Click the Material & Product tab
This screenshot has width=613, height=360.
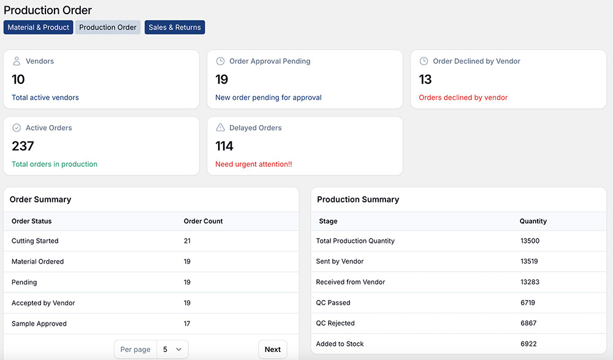(39, 28)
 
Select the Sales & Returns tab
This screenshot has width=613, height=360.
(175, 28)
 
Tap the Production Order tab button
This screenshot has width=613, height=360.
(108, 28)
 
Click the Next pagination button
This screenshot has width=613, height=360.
(272, 350)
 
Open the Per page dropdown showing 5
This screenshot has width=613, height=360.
(172, 350)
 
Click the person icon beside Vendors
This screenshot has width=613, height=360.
(17, 61)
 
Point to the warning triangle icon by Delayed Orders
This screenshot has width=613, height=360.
(221, 128)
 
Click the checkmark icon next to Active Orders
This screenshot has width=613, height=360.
(17, 128)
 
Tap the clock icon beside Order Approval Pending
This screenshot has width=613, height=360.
(221, 61)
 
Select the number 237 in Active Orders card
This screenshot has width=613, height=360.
(23, 146)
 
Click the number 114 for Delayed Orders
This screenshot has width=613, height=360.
(224, 146)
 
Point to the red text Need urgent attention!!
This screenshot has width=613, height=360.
(254, 164)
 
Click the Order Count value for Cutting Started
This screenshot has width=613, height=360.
(187, 241)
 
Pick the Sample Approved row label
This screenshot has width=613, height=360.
(39, 324)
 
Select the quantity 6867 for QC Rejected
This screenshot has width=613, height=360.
(528, 323)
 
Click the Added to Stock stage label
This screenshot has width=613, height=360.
(340, 344)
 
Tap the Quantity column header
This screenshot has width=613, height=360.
(533, 221)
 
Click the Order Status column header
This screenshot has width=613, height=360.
(32, 221)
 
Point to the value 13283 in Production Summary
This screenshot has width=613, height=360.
(530, 282)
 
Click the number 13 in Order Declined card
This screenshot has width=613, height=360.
(425, 80)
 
